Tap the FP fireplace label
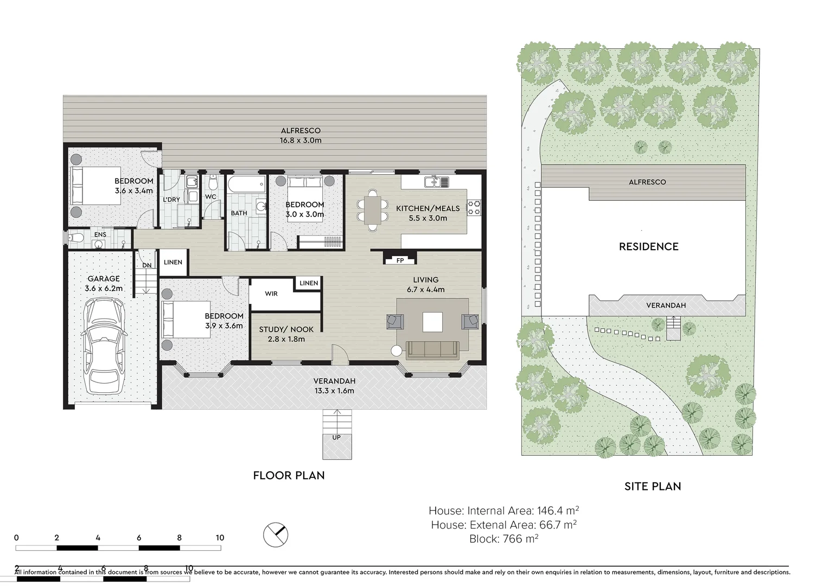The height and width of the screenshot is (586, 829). point(400,261)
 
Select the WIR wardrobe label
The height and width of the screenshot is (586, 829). point(271,294)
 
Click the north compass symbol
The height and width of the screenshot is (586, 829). point(276,536)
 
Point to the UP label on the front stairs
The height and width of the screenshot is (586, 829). point(336,437)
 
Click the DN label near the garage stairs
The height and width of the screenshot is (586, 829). point(147,266)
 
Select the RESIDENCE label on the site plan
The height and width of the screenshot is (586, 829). point(648,247)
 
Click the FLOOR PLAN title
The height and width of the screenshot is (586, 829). point(289,475)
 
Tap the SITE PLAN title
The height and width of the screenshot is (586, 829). point(652,486)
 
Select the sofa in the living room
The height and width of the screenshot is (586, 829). point(432,349)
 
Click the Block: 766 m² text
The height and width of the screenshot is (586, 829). point(503,539)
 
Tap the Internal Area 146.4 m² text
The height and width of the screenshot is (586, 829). point(503,511)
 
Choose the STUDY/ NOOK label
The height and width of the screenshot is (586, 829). point(286,329)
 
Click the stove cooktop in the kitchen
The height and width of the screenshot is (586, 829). point(474,207)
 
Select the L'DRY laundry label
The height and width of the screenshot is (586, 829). point(171,200)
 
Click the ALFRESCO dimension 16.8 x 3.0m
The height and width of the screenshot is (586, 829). point(301,140)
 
